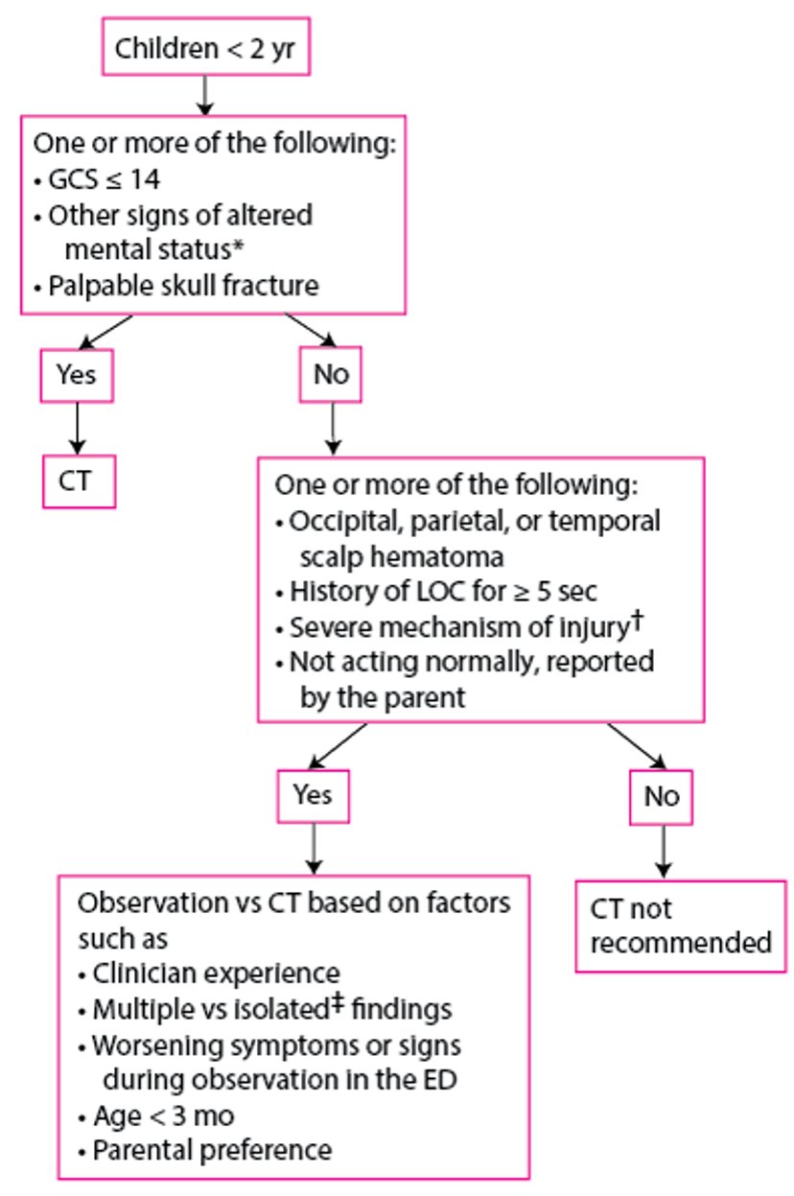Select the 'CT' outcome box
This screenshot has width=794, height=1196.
tap(78, 480)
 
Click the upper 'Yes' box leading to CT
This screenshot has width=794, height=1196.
tap(77, 374)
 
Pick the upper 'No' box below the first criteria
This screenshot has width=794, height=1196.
tap(333, 374)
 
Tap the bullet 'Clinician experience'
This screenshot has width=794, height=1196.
tap(216, 973)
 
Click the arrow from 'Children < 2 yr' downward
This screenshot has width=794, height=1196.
tap(203, 94)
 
